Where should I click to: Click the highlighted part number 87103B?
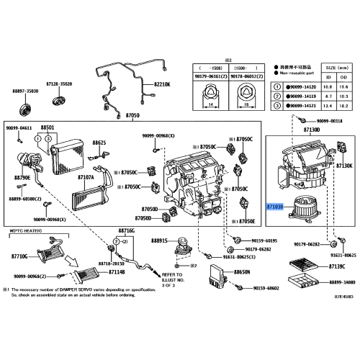click(x=275, y=205)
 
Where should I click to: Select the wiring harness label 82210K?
click(x=164, y=85)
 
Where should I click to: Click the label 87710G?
click(x=19, y=256)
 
